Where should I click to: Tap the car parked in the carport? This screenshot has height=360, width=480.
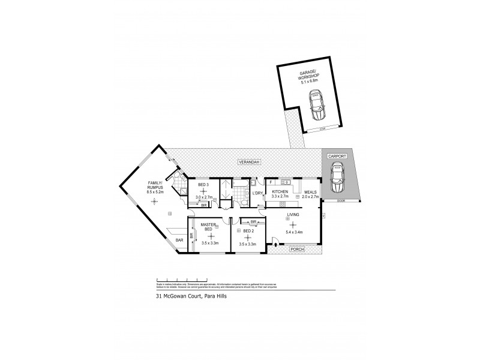(x=337, y=178)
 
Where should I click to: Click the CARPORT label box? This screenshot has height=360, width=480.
(x=337, y=155)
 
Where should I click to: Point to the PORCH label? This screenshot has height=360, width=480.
(x=296, y=248)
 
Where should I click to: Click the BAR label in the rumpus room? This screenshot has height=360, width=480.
(x=179, y=240)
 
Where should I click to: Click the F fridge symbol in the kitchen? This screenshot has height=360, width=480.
(x=271, y=181)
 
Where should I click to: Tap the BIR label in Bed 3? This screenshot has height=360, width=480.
(x=205, y=205)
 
